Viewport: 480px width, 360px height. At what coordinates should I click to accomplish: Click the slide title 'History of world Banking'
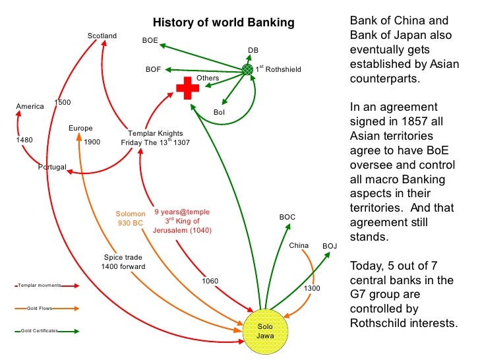(224, 24)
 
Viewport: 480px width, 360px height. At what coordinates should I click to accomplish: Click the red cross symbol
(187, 88)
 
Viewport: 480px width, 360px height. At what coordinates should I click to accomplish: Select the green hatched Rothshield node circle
(247, 69)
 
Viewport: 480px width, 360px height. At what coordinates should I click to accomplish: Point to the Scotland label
(102, 36)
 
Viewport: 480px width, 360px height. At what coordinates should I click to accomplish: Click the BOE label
(150, 41)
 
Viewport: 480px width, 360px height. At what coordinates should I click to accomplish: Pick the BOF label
(153, 69)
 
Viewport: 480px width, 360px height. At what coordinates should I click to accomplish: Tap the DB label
(253, 50)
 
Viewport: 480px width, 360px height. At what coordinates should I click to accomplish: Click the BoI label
(220, 112)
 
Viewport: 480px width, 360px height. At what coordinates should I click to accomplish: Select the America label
(30, 106)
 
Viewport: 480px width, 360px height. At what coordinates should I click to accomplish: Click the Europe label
(80, 129)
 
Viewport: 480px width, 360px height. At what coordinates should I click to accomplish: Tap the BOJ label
(330, 246)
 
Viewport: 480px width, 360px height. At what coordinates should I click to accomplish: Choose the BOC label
(287, 217)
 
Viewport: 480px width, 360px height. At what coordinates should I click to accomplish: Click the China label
(299, 246)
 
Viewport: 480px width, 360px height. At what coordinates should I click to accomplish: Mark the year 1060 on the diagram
(210, 282)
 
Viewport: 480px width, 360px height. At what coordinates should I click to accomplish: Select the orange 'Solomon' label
(130, 214)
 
